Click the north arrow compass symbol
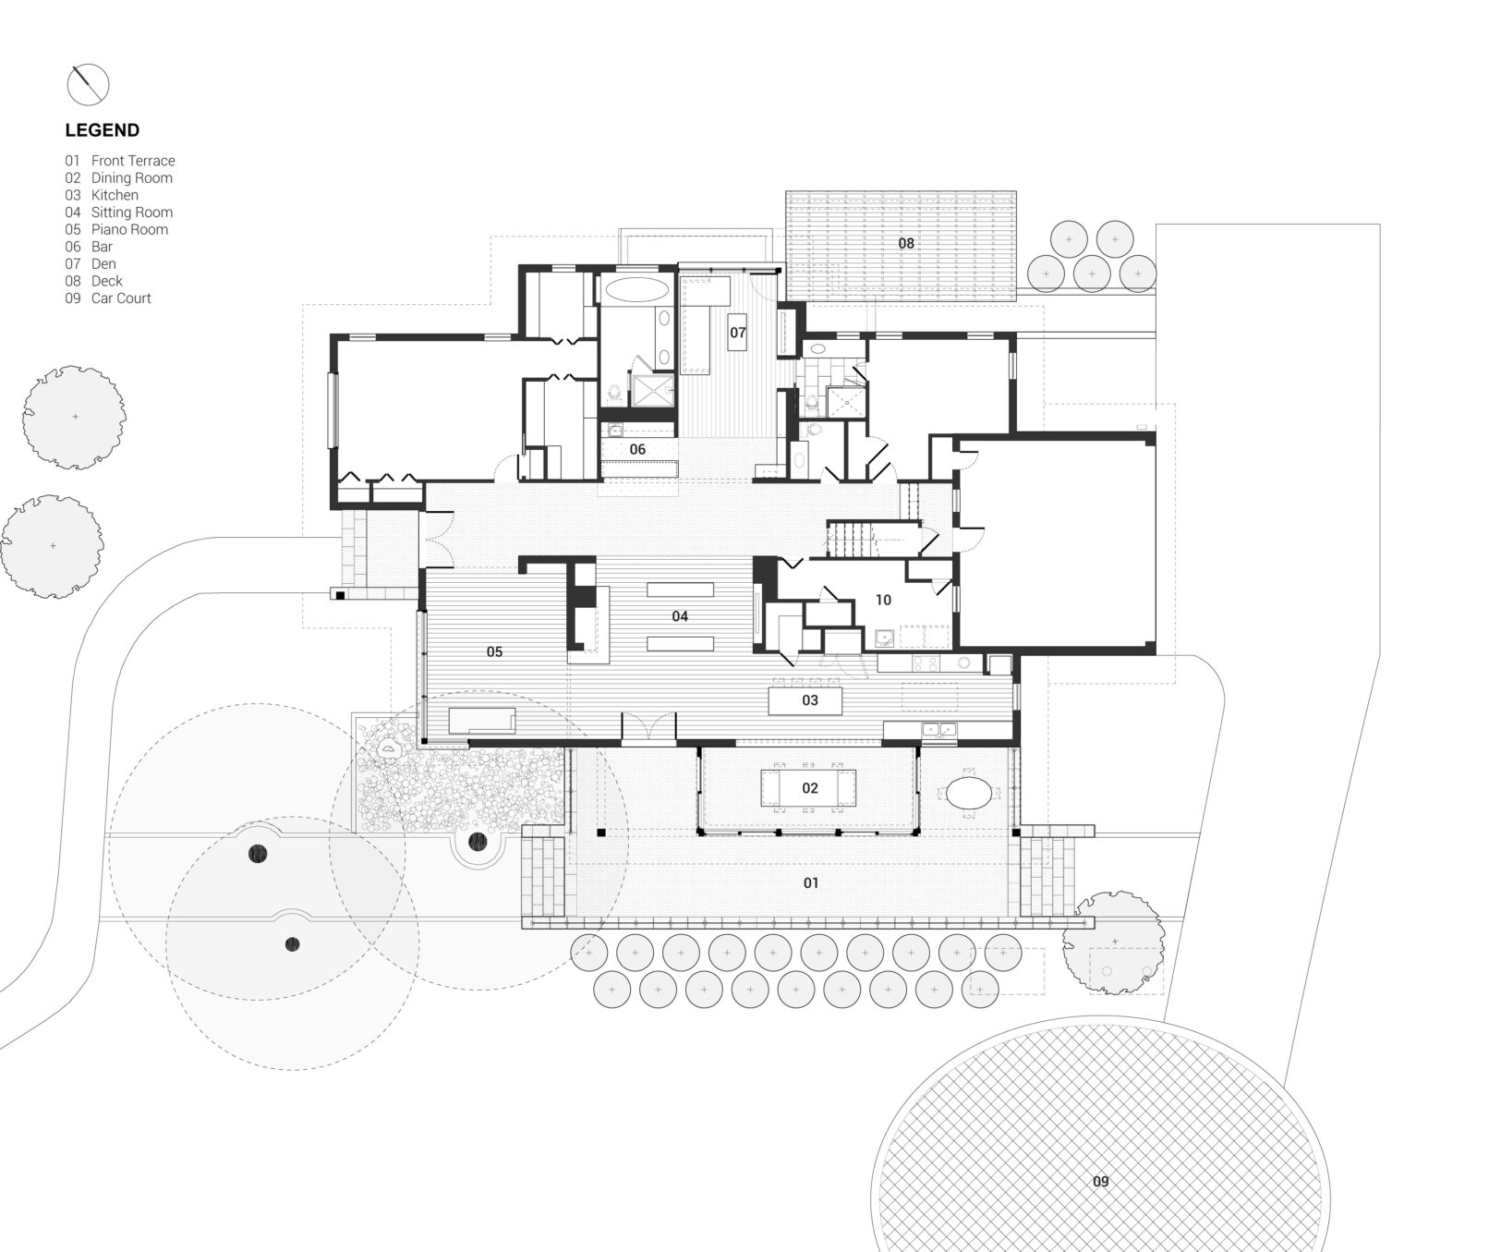88,85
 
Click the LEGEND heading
103,130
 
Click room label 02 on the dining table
810,788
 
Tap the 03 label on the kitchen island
810,700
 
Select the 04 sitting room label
680,616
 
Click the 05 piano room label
494,652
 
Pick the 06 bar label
637,450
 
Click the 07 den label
737,333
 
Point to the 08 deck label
906,243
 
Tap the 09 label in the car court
1100,1182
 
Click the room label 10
883,601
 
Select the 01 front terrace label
810,883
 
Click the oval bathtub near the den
637,288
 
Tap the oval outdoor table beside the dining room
970,793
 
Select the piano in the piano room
481,721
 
